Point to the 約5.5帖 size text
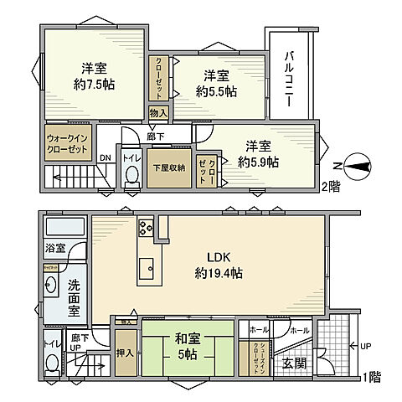click(x=215, y=90)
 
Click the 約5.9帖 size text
click(x=257, y=162)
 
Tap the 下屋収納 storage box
click(x=167, y=167)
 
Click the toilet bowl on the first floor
click(x=52, y=363)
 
